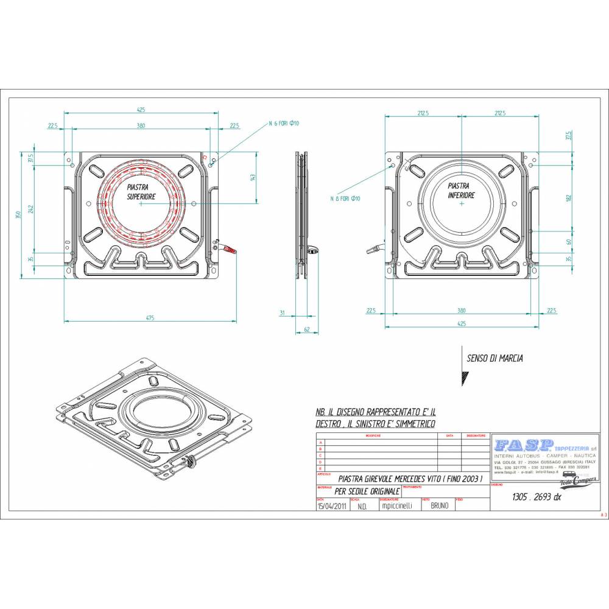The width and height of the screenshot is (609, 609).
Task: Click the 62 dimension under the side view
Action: (x=308, y=329)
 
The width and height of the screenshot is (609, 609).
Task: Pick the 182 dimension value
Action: (x=568, y=197)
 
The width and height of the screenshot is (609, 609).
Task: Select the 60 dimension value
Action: (x=568, y=242)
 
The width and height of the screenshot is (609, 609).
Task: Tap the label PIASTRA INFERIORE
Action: (x=461, y=190)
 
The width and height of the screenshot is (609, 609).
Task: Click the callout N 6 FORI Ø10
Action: (x=284, y=124)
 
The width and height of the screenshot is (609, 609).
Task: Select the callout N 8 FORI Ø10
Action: (x=345, y=199)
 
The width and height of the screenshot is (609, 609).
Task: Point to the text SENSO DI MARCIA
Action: (x=495, y=359)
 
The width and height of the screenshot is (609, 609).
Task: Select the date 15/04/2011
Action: (x=333, y=505)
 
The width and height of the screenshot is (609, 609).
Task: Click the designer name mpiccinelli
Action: (x=396, y=505)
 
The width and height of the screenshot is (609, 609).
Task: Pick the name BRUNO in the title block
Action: (x=439, y=505)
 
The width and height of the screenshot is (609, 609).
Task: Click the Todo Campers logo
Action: (x=577, y=482)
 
